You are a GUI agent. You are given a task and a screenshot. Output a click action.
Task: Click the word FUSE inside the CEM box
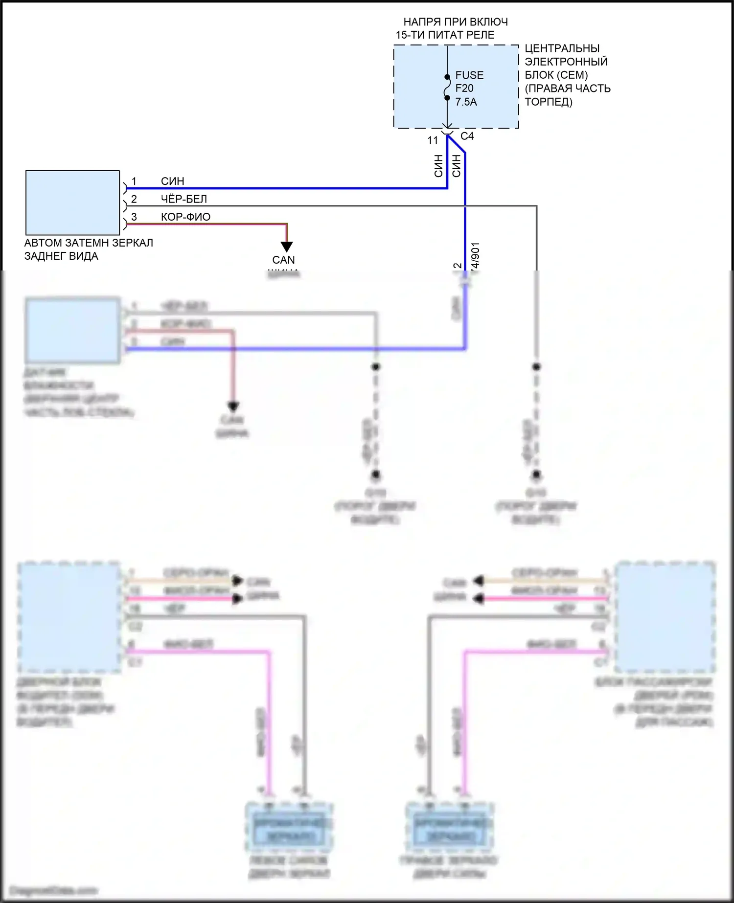coord(469,75)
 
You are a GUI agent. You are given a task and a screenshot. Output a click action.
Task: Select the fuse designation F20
coord(464,89)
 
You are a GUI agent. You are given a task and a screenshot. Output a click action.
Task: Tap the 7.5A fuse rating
coord(466,102)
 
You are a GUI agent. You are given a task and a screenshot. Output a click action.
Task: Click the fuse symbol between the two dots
coord(447,88)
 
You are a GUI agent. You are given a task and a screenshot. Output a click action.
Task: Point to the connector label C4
coord(467,136)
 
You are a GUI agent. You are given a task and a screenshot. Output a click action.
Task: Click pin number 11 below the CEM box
coord(433,140)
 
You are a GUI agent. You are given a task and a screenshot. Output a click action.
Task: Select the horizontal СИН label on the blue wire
coord(173,181)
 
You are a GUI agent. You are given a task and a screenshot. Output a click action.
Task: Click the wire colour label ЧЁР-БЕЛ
coord(184,199)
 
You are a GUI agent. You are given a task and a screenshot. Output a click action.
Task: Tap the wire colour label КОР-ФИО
coord(185,217)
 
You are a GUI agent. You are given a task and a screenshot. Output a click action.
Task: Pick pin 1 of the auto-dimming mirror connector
coord(134,181)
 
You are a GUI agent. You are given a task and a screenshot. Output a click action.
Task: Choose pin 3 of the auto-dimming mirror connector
coord(134,217)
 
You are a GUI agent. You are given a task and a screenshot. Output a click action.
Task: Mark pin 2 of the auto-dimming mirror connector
coord(134,199)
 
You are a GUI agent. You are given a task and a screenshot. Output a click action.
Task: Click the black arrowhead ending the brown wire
coord(287,247)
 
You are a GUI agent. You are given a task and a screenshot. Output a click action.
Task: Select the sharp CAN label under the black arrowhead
coord(284,260)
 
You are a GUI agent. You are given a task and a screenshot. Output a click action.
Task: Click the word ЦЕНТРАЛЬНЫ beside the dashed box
coord(562,48)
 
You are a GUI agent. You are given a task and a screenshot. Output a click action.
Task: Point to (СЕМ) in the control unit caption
coord(572,75)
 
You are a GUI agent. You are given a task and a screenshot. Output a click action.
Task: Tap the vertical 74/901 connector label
coord(475,256)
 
